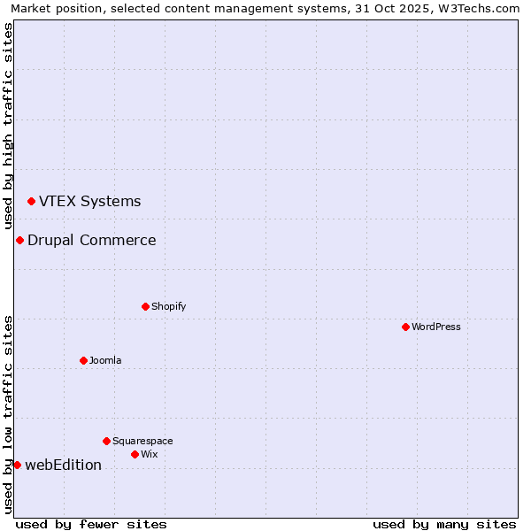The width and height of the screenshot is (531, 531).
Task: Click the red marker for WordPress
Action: pyautogui.click(x=405, y=327)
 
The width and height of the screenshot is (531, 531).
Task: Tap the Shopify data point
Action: pyautogui.click(x=145, y=306)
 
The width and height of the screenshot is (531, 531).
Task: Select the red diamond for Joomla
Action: pyautogui.click(x=83, y=360)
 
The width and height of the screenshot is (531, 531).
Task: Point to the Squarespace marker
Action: pyautogui.click(x=106, y=441)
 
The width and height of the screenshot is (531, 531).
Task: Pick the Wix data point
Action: pyautogui.click(x=135, y=454)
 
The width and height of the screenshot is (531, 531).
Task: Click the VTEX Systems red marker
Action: pyautogui.click(x=31, y=202)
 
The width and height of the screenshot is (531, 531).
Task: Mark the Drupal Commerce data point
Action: pyautogui.click(x=19, y=240)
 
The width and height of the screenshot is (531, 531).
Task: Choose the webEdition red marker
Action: pyautogui.click(x=17, y=465)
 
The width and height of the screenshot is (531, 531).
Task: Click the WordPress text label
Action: pyautogui.click(x=435, y=327)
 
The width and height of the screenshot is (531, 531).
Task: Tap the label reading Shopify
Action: pyautogui.click(x=168, y=306)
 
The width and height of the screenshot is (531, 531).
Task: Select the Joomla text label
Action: pyautogui.click(x=105, y=360)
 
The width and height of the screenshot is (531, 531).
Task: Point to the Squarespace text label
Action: pyautogui.click(x=142, y=441)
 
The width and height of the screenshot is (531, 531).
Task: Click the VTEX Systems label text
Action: pyautogui.click(x=89, y=201)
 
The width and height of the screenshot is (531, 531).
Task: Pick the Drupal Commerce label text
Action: pyautogui.click(x=91, y=240)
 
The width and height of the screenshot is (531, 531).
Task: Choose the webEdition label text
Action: pyautogui.click(x=63, y=465)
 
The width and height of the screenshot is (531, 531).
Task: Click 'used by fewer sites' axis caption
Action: pyautogui.click(x=91, y=524)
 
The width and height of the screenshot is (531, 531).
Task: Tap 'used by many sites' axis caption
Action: pyautogui.click(x=444, y=524)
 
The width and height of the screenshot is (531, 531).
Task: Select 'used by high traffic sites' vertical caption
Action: pyautogui.click(x=8, y=127)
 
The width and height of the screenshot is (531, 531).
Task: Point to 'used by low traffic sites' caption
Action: pyautogui.click(x=8, y=413)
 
